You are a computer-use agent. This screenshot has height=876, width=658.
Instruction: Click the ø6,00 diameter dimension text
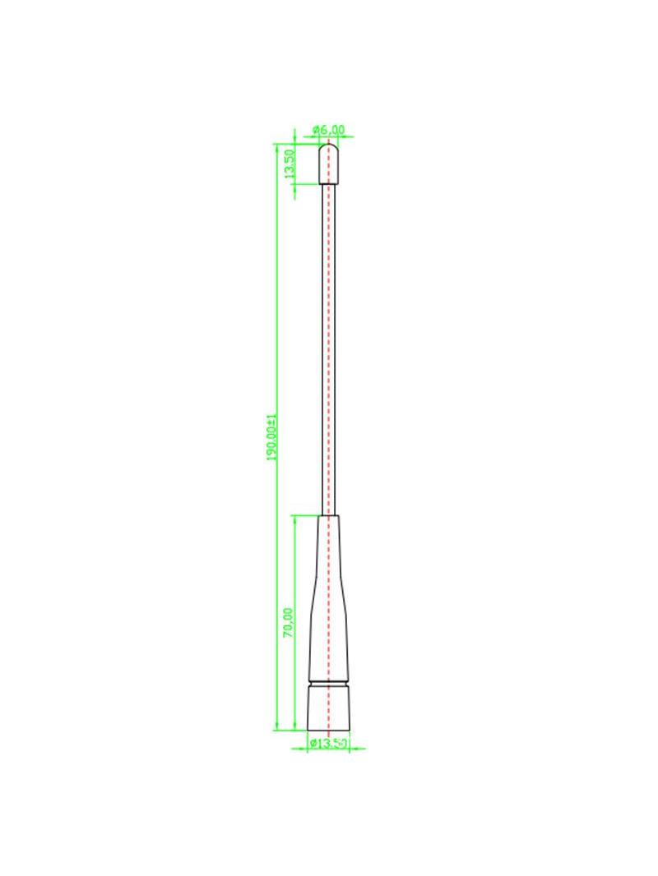[329, 130]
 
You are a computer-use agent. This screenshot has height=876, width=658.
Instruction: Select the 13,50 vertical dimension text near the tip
[290, 164]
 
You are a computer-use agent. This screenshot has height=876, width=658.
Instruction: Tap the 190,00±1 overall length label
[272, 437]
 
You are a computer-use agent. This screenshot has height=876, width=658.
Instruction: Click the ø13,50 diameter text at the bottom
[329, 744]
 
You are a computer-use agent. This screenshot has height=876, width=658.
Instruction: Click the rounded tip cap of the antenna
[329, 164]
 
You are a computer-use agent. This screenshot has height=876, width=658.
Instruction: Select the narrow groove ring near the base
[329, 683]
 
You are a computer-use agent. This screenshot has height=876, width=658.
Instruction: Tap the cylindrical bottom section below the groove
[329, 708]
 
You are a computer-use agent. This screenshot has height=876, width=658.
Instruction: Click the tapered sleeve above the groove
[329, 597]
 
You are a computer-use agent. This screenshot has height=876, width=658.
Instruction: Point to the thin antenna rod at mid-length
[329, 349]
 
